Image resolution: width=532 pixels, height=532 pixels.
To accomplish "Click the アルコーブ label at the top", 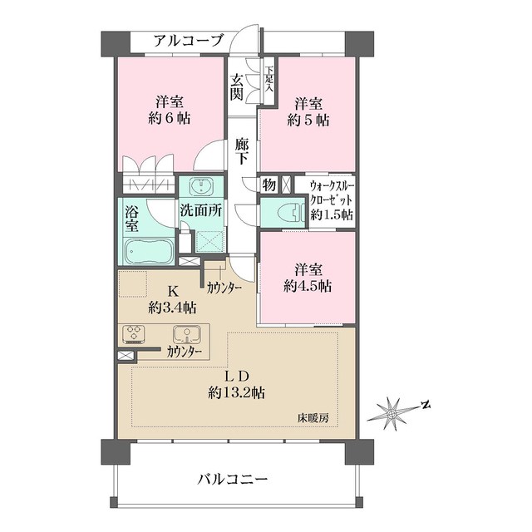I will pos(188,40).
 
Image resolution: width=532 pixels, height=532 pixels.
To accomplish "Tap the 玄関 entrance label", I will pos(237,86).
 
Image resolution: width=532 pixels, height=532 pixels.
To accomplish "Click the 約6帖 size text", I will pos(170,120).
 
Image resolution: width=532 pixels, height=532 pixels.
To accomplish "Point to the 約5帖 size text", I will pos(311,120).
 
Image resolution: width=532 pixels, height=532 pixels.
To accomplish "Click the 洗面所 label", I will pos(200,211).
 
